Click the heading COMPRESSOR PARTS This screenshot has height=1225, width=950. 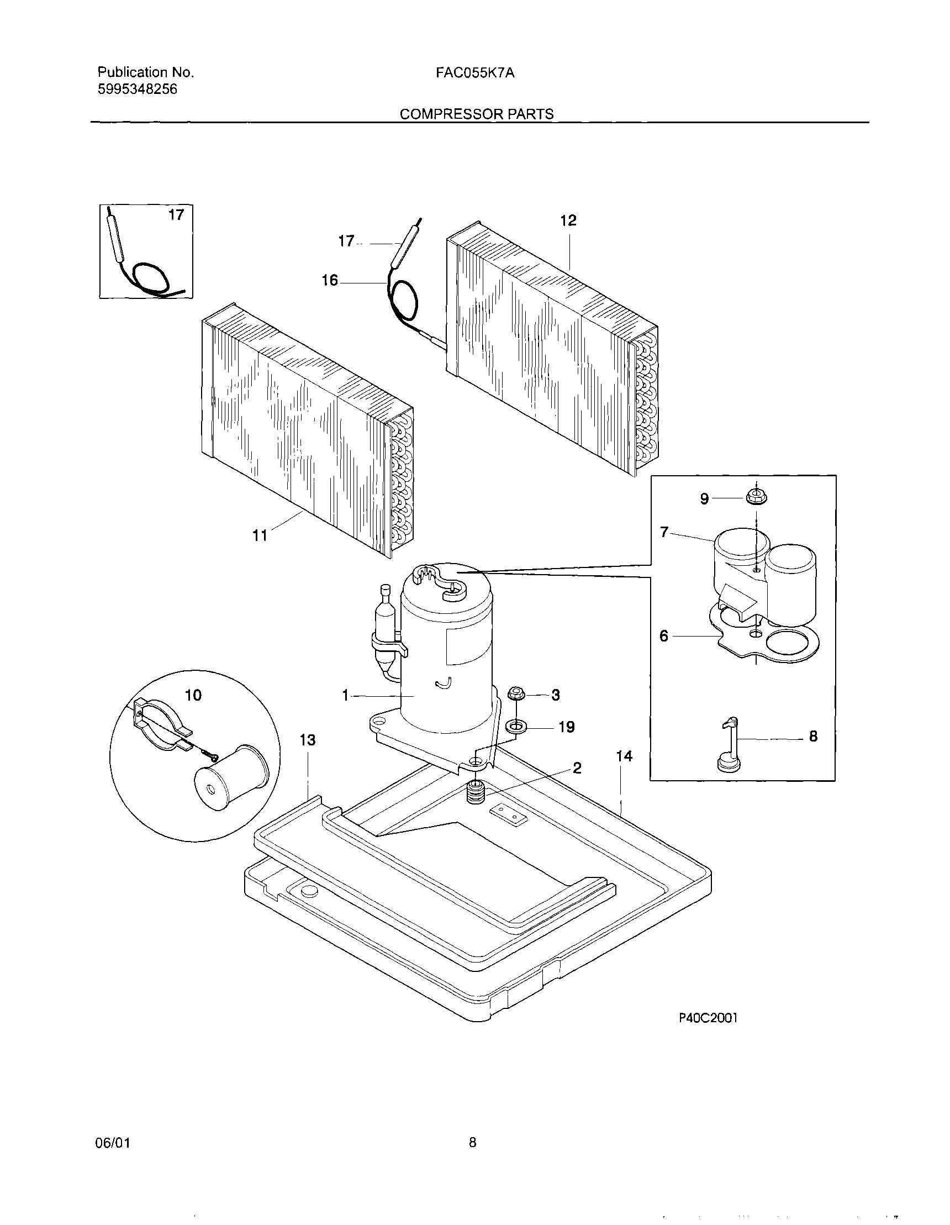click(x=476, y=114)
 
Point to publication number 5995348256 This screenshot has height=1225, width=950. click(x=138, y=89)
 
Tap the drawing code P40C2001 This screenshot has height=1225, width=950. click(x=708, y=1034)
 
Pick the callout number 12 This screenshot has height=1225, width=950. click(x=568, y=220)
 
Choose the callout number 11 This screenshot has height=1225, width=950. click(x=260, y=535)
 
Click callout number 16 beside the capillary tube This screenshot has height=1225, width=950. click(x=330, y=280)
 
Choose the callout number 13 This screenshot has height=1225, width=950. click(x=307, y=740)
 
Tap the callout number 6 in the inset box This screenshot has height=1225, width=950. click(x=664, y=636)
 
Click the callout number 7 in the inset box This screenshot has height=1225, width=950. click(x=664, y=532)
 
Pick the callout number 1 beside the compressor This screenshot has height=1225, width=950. click(x=345, y=696)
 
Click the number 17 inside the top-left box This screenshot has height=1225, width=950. click(x=176, y=215)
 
